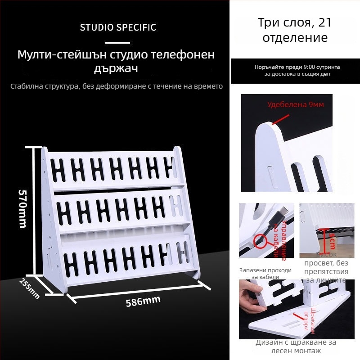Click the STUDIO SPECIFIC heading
click(x=118, y=27)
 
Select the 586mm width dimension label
click(x=143, y=302)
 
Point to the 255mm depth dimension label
click(x=30, y=288)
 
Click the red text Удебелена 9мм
click(x=295, y=105)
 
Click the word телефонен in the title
click(x=182, y=55)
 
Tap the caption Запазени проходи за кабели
click(x=265, y=274)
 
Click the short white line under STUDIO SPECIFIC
click(x=118, y=43)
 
